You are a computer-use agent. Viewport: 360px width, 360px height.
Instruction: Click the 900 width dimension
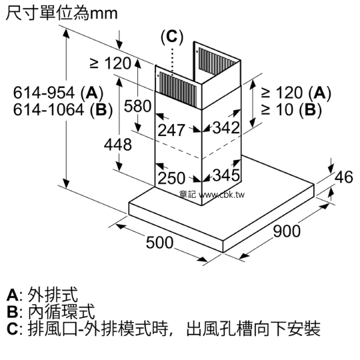click(x=287, y=231)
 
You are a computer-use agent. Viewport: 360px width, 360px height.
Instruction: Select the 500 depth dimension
click(x=159, y=243)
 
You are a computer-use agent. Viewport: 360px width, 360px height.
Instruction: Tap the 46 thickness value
click(x=343, y=177)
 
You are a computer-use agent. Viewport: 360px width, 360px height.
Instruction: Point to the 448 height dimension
click(x=118, y=145)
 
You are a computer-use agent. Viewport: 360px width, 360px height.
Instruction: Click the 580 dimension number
click(x=138, y=106)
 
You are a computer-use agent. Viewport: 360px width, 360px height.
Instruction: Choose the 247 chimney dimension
click(x=171, y=130)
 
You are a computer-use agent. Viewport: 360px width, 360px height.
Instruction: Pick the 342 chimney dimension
click(x=226, y=127)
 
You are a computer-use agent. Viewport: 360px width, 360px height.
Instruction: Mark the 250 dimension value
click(x=171, y=178)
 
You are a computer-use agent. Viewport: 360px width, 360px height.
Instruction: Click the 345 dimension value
click(x=226, y=175)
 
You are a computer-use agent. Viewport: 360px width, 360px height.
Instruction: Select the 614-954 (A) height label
click(x=58, y=93)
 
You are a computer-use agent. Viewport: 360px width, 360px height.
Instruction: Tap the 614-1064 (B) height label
click(x=63, y=110)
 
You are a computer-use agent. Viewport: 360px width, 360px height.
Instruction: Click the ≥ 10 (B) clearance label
click(x=291, y=109)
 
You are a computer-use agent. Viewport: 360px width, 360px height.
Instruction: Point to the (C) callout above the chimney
click(x=172, y=37)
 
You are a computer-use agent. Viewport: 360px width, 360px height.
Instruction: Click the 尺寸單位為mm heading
click(x=61, y=13)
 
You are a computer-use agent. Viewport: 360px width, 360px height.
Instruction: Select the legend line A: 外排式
click(x=42, y=295)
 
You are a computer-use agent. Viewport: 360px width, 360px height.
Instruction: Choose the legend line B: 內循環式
click(x=51, y=311)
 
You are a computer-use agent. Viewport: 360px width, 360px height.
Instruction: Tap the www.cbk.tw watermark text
click(x=221, y=195)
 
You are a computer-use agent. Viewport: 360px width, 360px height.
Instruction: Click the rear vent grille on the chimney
click(x=217, y=61)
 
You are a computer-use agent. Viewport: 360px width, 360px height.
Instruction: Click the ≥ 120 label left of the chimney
click(x=111, y=63)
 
